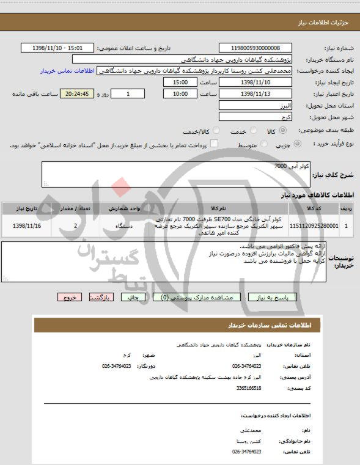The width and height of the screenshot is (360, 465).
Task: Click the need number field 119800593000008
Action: tap(255, 48)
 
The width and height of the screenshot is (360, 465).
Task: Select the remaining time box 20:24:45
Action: tap(76, 94)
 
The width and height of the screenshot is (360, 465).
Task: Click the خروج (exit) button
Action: tap(70, 297)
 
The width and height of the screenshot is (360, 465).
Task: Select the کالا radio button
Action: tap(282, 131)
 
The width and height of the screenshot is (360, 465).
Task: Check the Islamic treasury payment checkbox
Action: tap(205, 144)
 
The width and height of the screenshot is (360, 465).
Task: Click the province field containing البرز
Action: tap(255, 106)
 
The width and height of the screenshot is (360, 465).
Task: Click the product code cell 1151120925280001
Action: tap(313, 225)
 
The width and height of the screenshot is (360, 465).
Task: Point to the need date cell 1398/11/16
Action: tap(26, 225)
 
